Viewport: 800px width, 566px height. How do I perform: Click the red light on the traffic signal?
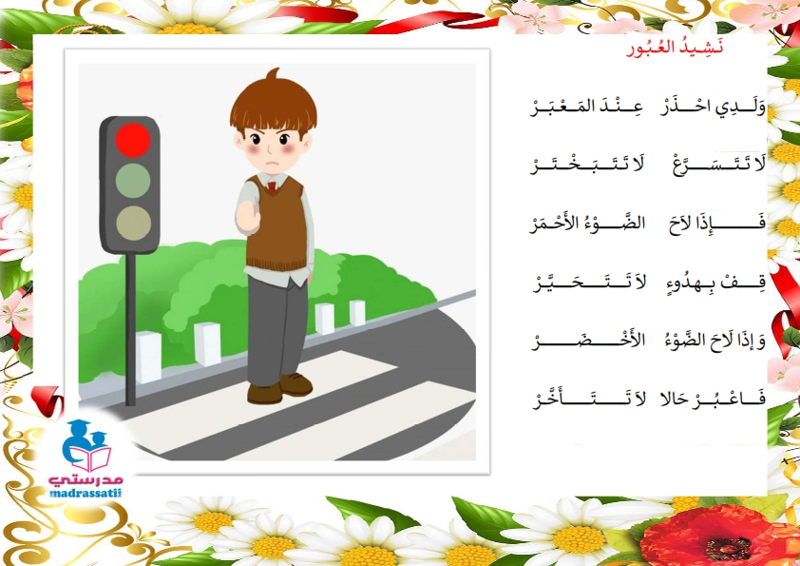[x=133, y=140]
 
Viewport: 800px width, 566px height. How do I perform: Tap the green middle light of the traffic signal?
[x=133, y=181]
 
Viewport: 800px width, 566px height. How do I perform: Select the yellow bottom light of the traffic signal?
[x=133, y=223]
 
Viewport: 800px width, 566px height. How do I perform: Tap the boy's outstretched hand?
[x=248, y=217]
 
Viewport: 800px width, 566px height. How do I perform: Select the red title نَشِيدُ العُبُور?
[x=675, y=49]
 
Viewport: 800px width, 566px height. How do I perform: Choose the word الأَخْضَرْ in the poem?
[x=588, y=341]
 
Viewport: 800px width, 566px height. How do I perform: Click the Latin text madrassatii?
[x=86, y=494]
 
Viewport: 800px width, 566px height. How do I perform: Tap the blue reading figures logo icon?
[x=86, y=445]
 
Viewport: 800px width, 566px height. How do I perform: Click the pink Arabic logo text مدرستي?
[x=86, y=480]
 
